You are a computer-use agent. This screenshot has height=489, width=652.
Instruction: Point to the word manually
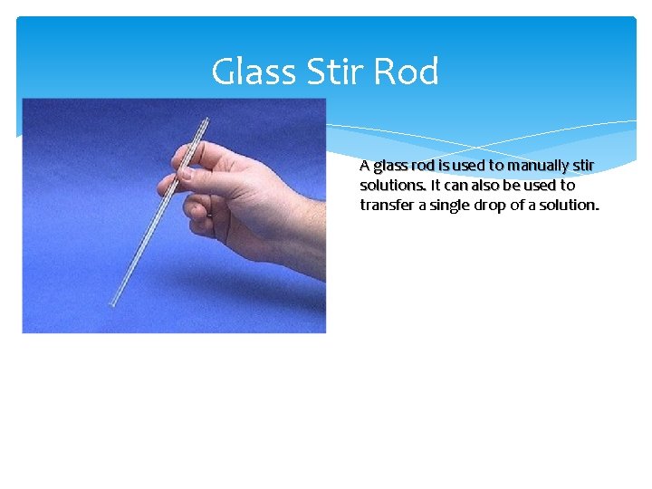pyautogui.click(x=540, y=166)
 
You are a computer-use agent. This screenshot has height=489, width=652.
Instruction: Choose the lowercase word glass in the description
pyautogui.click(x=390, y=167)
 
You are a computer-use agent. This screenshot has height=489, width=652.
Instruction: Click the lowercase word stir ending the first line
pyautogui.click(x=583, y=166)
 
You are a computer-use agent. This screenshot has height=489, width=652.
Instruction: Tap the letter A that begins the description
pyautogui.click(x=364, y=166)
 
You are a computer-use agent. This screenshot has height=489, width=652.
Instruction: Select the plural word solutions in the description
pyautogui.click(x=392, y=186)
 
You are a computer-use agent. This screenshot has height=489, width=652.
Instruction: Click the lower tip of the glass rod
pyautogui.click(x=112, y=303)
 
